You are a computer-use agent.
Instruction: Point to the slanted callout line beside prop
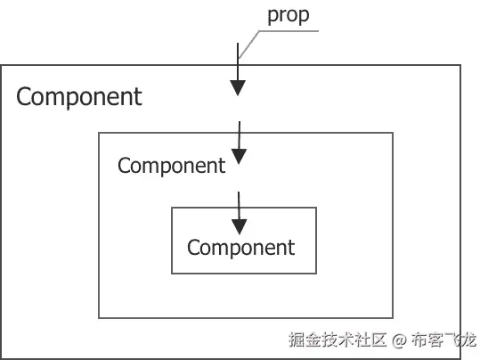(249, 44)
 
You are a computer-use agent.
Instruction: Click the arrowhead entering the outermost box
(238, 87)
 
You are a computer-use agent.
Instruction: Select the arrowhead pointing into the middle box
(238, 148)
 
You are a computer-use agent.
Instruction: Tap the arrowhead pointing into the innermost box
(238, 217)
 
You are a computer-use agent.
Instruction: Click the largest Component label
(78, 96)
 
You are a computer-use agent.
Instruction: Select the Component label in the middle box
(171, 165)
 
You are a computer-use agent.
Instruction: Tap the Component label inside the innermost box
(240, 247)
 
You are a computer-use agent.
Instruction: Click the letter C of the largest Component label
(24, 96)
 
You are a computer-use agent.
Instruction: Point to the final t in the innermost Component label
(290, 247)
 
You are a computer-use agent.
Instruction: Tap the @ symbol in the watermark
(399, 340)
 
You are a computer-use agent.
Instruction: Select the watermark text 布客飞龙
(445, 340)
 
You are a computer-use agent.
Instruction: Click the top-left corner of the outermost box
(1, 65)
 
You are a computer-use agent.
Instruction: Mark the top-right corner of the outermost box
(460, 65)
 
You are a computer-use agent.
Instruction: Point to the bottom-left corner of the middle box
(98, 318)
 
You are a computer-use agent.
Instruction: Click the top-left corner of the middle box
(98, 133)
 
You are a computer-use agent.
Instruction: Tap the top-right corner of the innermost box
(316, 208)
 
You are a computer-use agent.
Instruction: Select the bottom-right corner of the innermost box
(316, 274)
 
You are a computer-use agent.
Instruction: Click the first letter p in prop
(272, 17)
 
